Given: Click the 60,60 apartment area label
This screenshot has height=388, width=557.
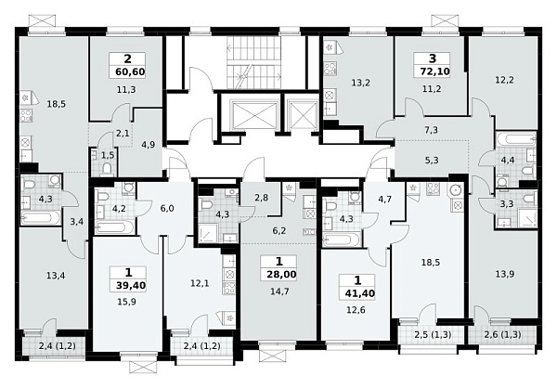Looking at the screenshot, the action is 130,72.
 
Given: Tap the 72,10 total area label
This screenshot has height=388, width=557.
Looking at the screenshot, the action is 434,71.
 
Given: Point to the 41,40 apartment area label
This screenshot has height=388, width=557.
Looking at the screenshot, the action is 360,293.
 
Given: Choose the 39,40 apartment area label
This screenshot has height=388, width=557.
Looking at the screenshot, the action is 131,285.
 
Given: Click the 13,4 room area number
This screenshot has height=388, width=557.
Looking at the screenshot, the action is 56,276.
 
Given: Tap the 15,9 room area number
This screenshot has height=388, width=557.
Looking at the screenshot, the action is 126,302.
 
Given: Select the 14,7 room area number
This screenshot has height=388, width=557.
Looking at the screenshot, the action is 279,291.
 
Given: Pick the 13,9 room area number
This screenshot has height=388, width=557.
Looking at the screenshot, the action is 505,274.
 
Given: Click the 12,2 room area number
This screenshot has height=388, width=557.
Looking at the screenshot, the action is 504,81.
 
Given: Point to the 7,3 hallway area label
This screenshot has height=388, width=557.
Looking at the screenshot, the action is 432,130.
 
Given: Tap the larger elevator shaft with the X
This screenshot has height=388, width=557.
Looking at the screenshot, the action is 253,114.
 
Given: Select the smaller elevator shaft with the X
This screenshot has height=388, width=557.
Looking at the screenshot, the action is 303,114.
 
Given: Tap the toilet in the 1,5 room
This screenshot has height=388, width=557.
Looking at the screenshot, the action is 107,170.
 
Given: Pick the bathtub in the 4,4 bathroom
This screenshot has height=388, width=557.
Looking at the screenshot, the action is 516,139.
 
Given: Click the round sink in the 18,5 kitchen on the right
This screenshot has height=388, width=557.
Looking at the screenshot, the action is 456,191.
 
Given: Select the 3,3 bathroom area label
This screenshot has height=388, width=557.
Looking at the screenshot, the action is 506,204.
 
